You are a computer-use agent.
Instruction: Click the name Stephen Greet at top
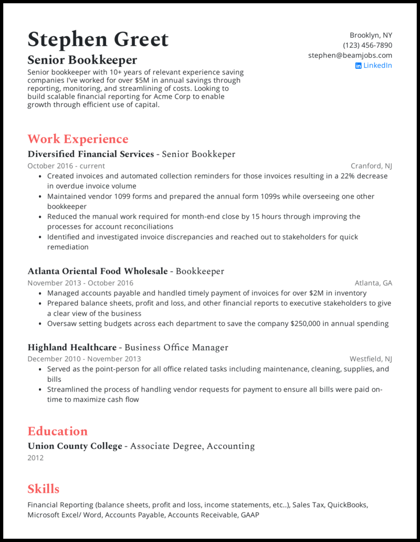click(98, 40)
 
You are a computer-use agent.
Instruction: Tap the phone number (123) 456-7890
click(367, 45)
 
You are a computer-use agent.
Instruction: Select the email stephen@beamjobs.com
click(350, 55)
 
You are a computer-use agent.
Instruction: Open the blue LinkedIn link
click(377, 65)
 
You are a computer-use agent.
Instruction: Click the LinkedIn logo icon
click(358, 66)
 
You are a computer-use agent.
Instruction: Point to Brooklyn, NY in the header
click(371, 35)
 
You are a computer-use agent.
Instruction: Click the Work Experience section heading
click(78, 139)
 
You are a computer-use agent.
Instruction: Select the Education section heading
click(57, 431)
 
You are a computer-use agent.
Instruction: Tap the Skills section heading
click(43, 489)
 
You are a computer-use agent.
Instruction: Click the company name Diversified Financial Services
click(90, 154)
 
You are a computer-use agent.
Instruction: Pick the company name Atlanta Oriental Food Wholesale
click(98, 272)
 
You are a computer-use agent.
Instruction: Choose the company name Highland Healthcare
click(72, 348)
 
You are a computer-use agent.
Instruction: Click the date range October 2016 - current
click(66, 166)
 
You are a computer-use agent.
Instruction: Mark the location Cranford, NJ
click(371, 166)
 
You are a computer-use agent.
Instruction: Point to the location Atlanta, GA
click(373, 283)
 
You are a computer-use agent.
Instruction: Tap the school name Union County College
click(75, 446)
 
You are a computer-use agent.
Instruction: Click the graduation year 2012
click(35, 458)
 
